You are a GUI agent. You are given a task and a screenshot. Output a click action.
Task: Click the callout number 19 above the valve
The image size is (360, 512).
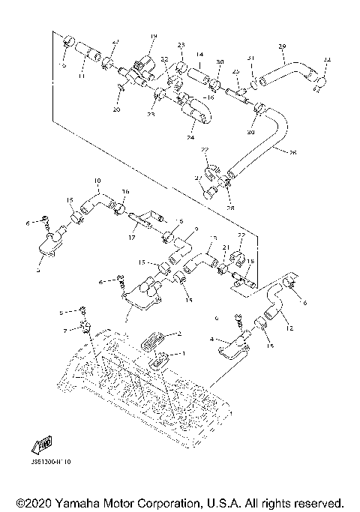click(x=153, y=37)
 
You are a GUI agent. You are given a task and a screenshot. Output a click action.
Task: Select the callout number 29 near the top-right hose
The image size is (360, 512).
click(x=282, y=47)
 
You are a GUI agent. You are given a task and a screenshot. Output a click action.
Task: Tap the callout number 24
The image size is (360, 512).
click(x=190, y=138)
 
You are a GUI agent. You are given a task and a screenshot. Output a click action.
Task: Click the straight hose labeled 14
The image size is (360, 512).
click(x=199, y=75)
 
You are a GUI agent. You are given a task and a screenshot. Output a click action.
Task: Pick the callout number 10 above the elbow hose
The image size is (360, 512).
click(x=97, y=181)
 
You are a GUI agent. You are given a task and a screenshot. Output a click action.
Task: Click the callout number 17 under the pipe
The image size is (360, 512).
click(x=132, y=238)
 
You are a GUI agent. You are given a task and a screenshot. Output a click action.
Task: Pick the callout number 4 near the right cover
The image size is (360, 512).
click(x=213, y=340)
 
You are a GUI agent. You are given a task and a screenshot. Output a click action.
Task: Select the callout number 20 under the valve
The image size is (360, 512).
click(x=117, y=109)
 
